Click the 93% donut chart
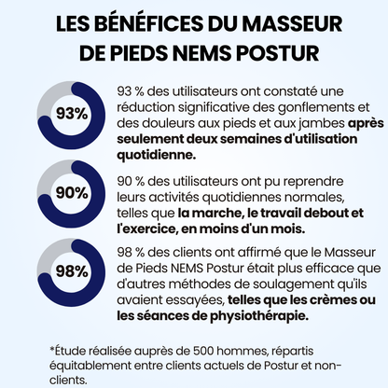73,114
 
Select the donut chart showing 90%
73,192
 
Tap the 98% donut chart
73,271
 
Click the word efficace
324,266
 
